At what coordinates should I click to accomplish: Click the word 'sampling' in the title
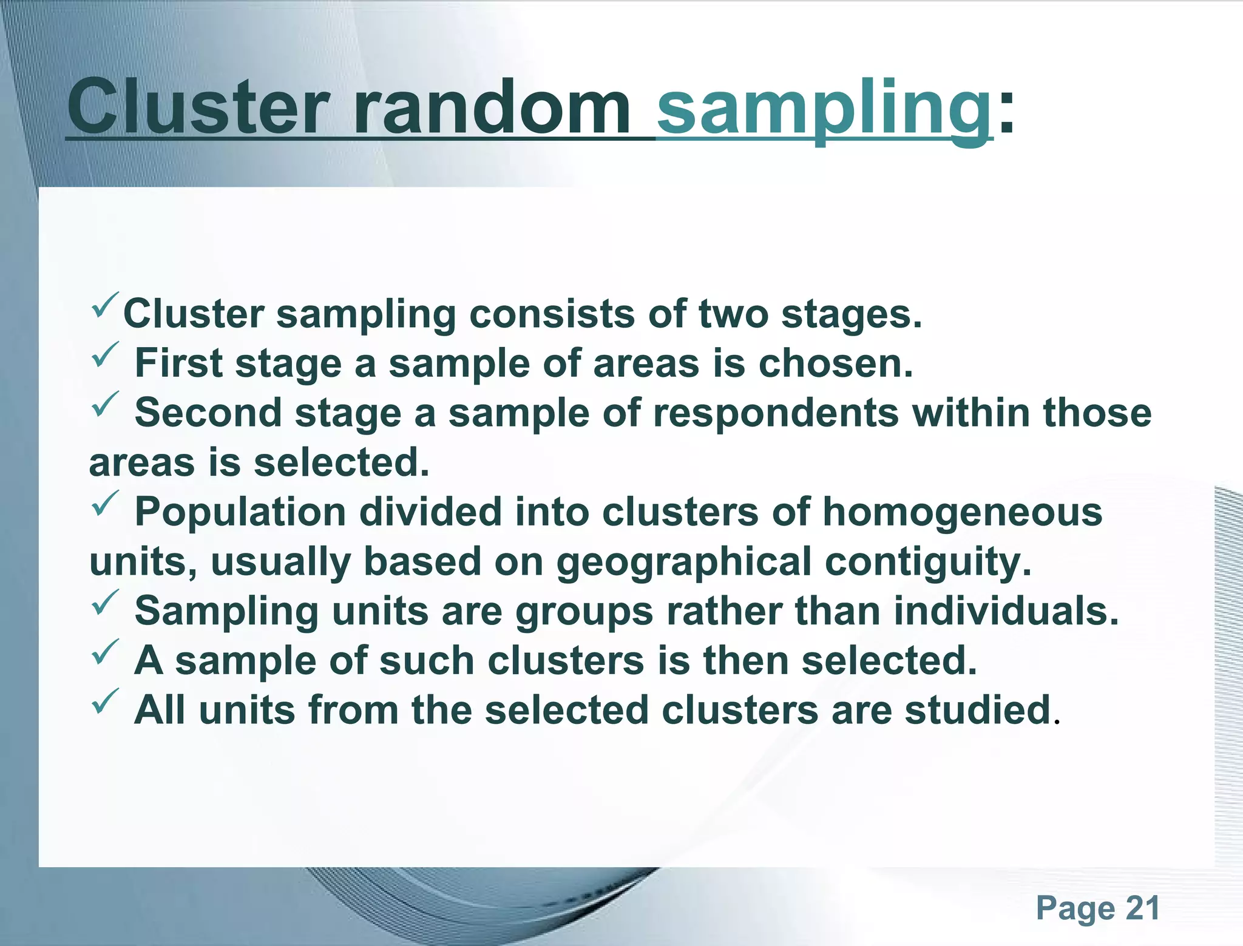[x=824, y=109]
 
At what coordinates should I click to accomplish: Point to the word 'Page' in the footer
[x=1075, y=909]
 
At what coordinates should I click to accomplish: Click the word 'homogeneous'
[x=962, y=513]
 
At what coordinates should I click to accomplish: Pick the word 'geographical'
[x=683, y=562]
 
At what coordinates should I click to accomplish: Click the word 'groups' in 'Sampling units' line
[x=584, y=612]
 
